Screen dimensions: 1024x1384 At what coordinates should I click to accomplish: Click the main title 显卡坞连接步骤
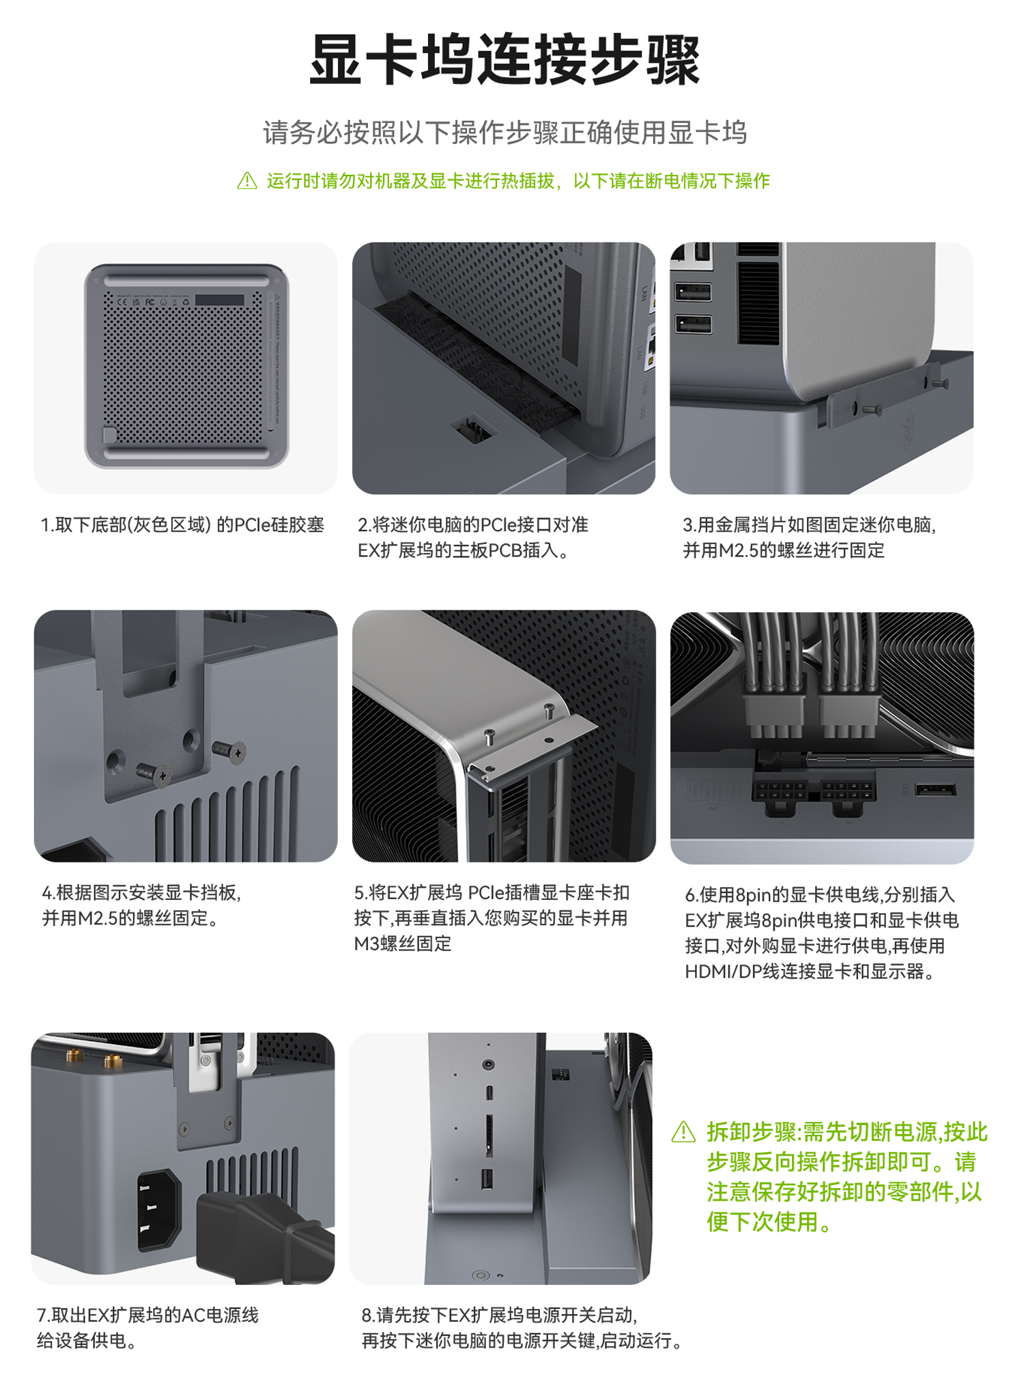(x=505, y=60)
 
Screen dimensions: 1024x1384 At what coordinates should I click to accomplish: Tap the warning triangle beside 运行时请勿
(x=247, y=181)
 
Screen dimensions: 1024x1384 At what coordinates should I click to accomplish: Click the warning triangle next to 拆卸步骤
(x=684, y=1132)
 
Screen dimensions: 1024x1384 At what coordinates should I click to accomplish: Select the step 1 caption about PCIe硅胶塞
(x=182, y=525)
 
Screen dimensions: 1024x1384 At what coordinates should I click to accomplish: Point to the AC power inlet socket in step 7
(x=160, y=1211)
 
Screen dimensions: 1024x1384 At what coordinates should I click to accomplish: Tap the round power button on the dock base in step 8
(x=481, y=1275)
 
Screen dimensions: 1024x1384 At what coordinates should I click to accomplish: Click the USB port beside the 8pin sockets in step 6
(x=935, y=790)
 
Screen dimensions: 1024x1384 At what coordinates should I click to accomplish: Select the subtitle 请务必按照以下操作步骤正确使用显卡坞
(x=505, y=132)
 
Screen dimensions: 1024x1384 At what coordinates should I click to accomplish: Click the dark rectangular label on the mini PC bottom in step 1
(x=219, y=300)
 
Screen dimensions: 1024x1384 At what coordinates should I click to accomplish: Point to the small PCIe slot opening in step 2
(x=474, y=429)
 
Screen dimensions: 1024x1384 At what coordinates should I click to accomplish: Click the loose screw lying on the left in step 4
(x=152, y=774)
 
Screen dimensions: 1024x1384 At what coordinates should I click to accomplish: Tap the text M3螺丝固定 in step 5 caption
(x=403, y=944)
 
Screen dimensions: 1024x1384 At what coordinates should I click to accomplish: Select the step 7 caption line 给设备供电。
(x=87, y=1340)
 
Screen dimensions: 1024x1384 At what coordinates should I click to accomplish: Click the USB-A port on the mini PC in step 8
(x=487, y=1179)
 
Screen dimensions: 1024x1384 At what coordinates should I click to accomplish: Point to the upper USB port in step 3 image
(x=693, y=292)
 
